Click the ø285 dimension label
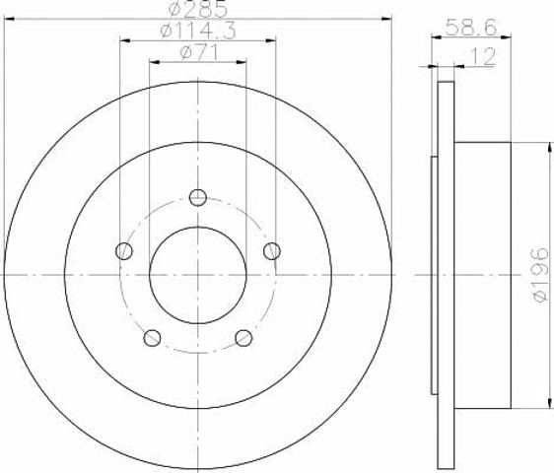[x=197, y=9]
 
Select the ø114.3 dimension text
[x=198, y=32]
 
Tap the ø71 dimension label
[x=198, y=52]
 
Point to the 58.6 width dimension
[x=471, y=27]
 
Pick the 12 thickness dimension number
[x=482, y=56]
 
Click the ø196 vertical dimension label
[x=539, y=275]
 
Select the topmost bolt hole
[x=198, y=197]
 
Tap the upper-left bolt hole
[x=124, y=251]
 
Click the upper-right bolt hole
[x=272, y=251]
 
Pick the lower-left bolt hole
[x=152, y=338]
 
